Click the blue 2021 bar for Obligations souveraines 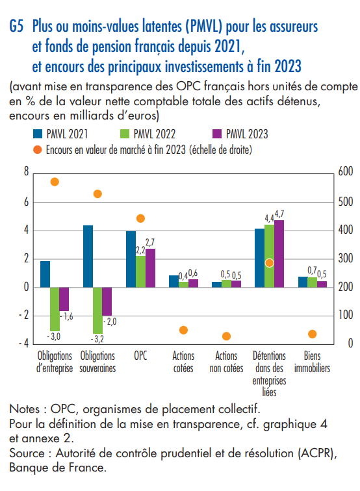coord(88,256)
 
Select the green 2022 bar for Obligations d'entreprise coord(55,309)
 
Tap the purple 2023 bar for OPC coord(150,268)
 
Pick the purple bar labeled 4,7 coord(279,254)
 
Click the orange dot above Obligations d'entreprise coord(55,182)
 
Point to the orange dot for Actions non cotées coord(226,336)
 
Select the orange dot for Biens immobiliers coord(312,334)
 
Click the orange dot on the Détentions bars coord(269,263)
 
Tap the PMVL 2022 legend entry coord(148,134)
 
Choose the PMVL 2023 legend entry coord(240,134)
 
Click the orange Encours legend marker coord(38,150)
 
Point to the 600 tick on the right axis coord(346,171)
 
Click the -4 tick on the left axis coord(23,344)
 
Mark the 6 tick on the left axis coord(27,202)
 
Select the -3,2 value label coord(97,339)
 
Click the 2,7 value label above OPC coord(150,242)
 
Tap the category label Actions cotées coord(183,362)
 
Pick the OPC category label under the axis coord(140,356)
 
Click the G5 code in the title coord(16,26)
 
